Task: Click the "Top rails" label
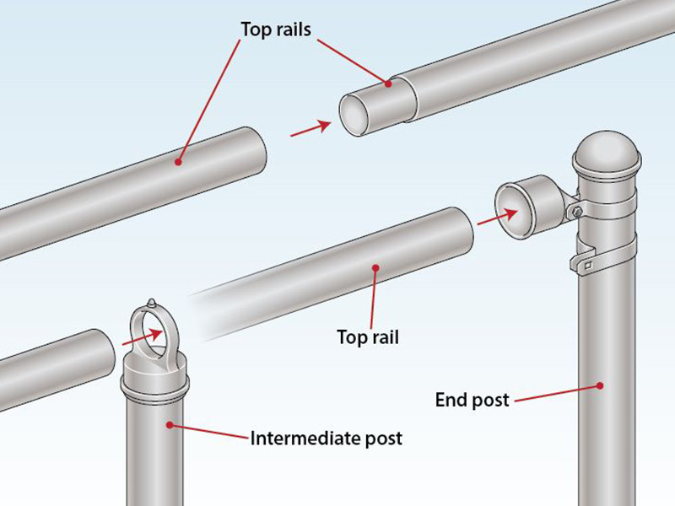pyautogui.click(x=275, y=29)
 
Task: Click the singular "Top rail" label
pyautogui.click(x=367, y=337)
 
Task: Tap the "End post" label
pyautogui.click(x=472, y=400)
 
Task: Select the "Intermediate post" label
pyautogui.click(x=326, y=439)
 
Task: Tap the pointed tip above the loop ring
pyautogui.click(x=151, y=303)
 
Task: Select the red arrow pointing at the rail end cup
pyautogui.click(x=494, y=217)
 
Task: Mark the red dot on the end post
pyautogui.click(x=599, y=385)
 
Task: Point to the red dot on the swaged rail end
pyautogui.click(x=390, y=83)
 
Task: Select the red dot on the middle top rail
pyautogui.click(x=375, y=269)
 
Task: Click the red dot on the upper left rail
pyautogui.click(x=178, y=160)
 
